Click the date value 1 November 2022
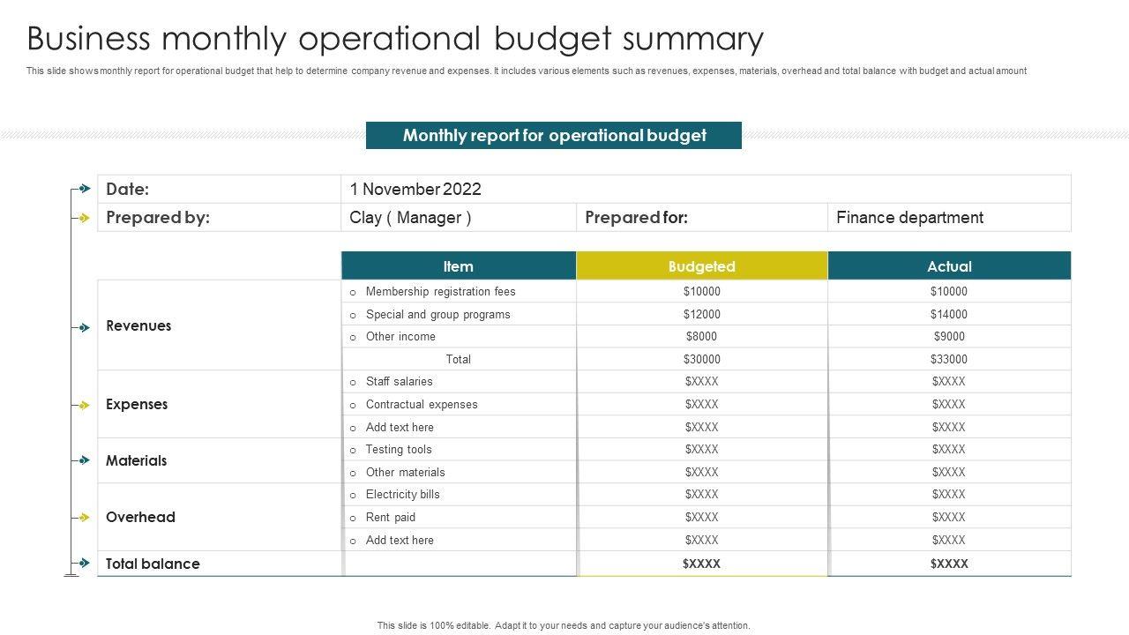pos(415,189)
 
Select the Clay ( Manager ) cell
pos(410,217)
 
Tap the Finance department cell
pos(909,217)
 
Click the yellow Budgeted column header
pos(701,265)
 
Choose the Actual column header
pos(949,265)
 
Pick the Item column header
pos(458,265)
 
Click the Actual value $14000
pos(948,314)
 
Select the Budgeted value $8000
pos(701,336)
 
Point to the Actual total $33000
pos(948,359)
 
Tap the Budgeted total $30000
pos(701,359)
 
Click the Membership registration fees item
pos(440,291)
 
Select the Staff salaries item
pos(399,381)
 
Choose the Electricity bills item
pos(402,494)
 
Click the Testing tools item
pos(399,449)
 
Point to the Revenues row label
pos(138,325)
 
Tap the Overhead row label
pos(140,517)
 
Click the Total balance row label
pos(153,564)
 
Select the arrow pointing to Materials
pos(84,460)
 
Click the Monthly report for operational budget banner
pos(554,135)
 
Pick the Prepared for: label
pos(636,217)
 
